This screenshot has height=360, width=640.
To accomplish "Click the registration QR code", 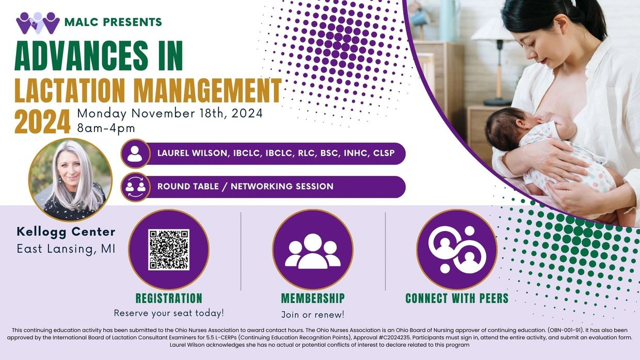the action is tap(169, 250).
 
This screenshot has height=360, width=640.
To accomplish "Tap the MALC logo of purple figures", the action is tap(38, 23).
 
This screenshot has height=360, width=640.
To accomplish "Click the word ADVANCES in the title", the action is tap(82, 56).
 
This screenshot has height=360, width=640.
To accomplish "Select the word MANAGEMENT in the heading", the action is tap(207, 90).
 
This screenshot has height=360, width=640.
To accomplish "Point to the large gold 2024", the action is tap(42, 121).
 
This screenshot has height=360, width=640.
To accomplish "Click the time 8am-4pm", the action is tap(106, 128).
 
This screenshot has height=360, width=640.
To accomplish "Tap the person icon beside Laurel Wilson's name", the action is tap(135, 154).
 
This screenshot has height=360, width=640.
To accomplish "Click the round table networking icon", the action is tap(135, 187).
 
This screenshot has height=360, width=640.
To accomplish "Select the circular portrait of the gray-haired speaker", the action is tap(70, 180).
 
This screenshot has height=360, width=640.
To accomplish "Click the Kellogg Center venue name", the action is tap(66, 232).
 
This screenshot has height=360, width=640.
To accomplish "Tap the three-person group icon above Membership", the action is tap(313, 251).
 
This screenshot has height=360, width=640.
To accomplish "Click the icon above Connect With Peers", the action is tap(457, 250).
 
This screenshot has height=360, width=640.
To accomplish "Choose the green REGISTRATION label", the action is tap(169, 298).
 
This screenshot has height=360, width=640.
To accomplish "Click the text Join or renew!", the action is tap(313, 315).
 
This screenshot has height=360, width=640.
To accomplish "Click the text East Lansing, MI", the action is tap(66, 249).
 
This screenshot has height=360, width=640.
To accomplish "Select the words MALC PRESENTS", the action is tap(113, 22).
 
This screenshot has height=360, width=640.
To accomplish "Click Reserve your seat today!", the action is tap(169, 313).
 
